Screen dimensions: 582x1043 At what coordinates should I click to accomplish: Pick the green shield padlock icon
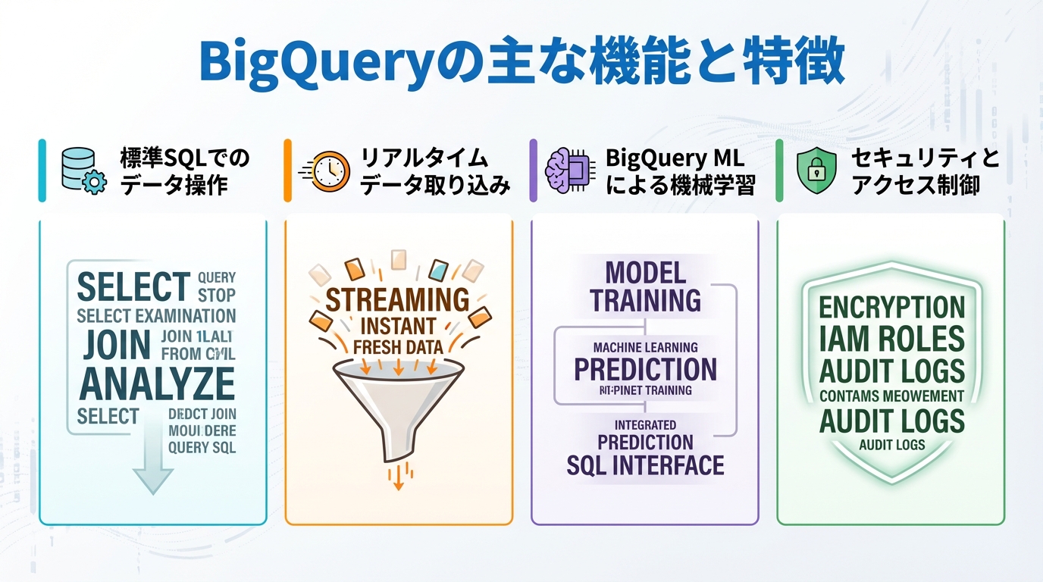(x=816, y=170)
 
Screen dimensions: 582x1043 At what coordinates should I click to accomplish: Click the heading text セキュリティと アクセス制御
(x=925, y=171)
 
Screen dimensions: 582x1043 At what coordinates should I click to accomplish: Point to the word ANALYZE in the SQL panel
(x=156, y=383)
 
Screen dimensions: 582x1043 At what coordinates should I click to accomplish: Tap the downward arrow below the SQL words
(x=152, y=462)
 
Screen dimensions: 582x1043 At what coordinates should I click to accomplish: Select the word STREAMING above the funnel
(x=397, y=300)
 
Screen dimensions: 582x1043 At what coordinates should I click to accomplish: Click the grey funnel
(x=397, y=402)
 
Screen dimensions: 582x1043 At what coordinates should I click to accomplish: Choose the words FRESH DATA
(x=397, y=349)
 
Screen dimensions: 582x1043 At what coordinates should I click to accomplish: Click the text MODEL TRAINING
(x=645, y=286)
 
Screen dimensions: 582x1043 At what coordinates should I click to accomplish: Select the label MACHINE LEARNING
(x=645, y=347)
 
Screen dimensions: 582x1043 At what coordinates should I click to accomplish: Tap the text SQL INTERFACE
(x=645, y=465)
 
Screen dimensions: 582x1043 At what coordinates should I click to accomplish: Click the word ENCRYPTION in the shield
(x=891, y=308)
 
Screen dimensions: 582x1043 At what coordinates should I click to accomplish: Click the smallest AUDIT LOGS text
(x=891, y=445)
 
